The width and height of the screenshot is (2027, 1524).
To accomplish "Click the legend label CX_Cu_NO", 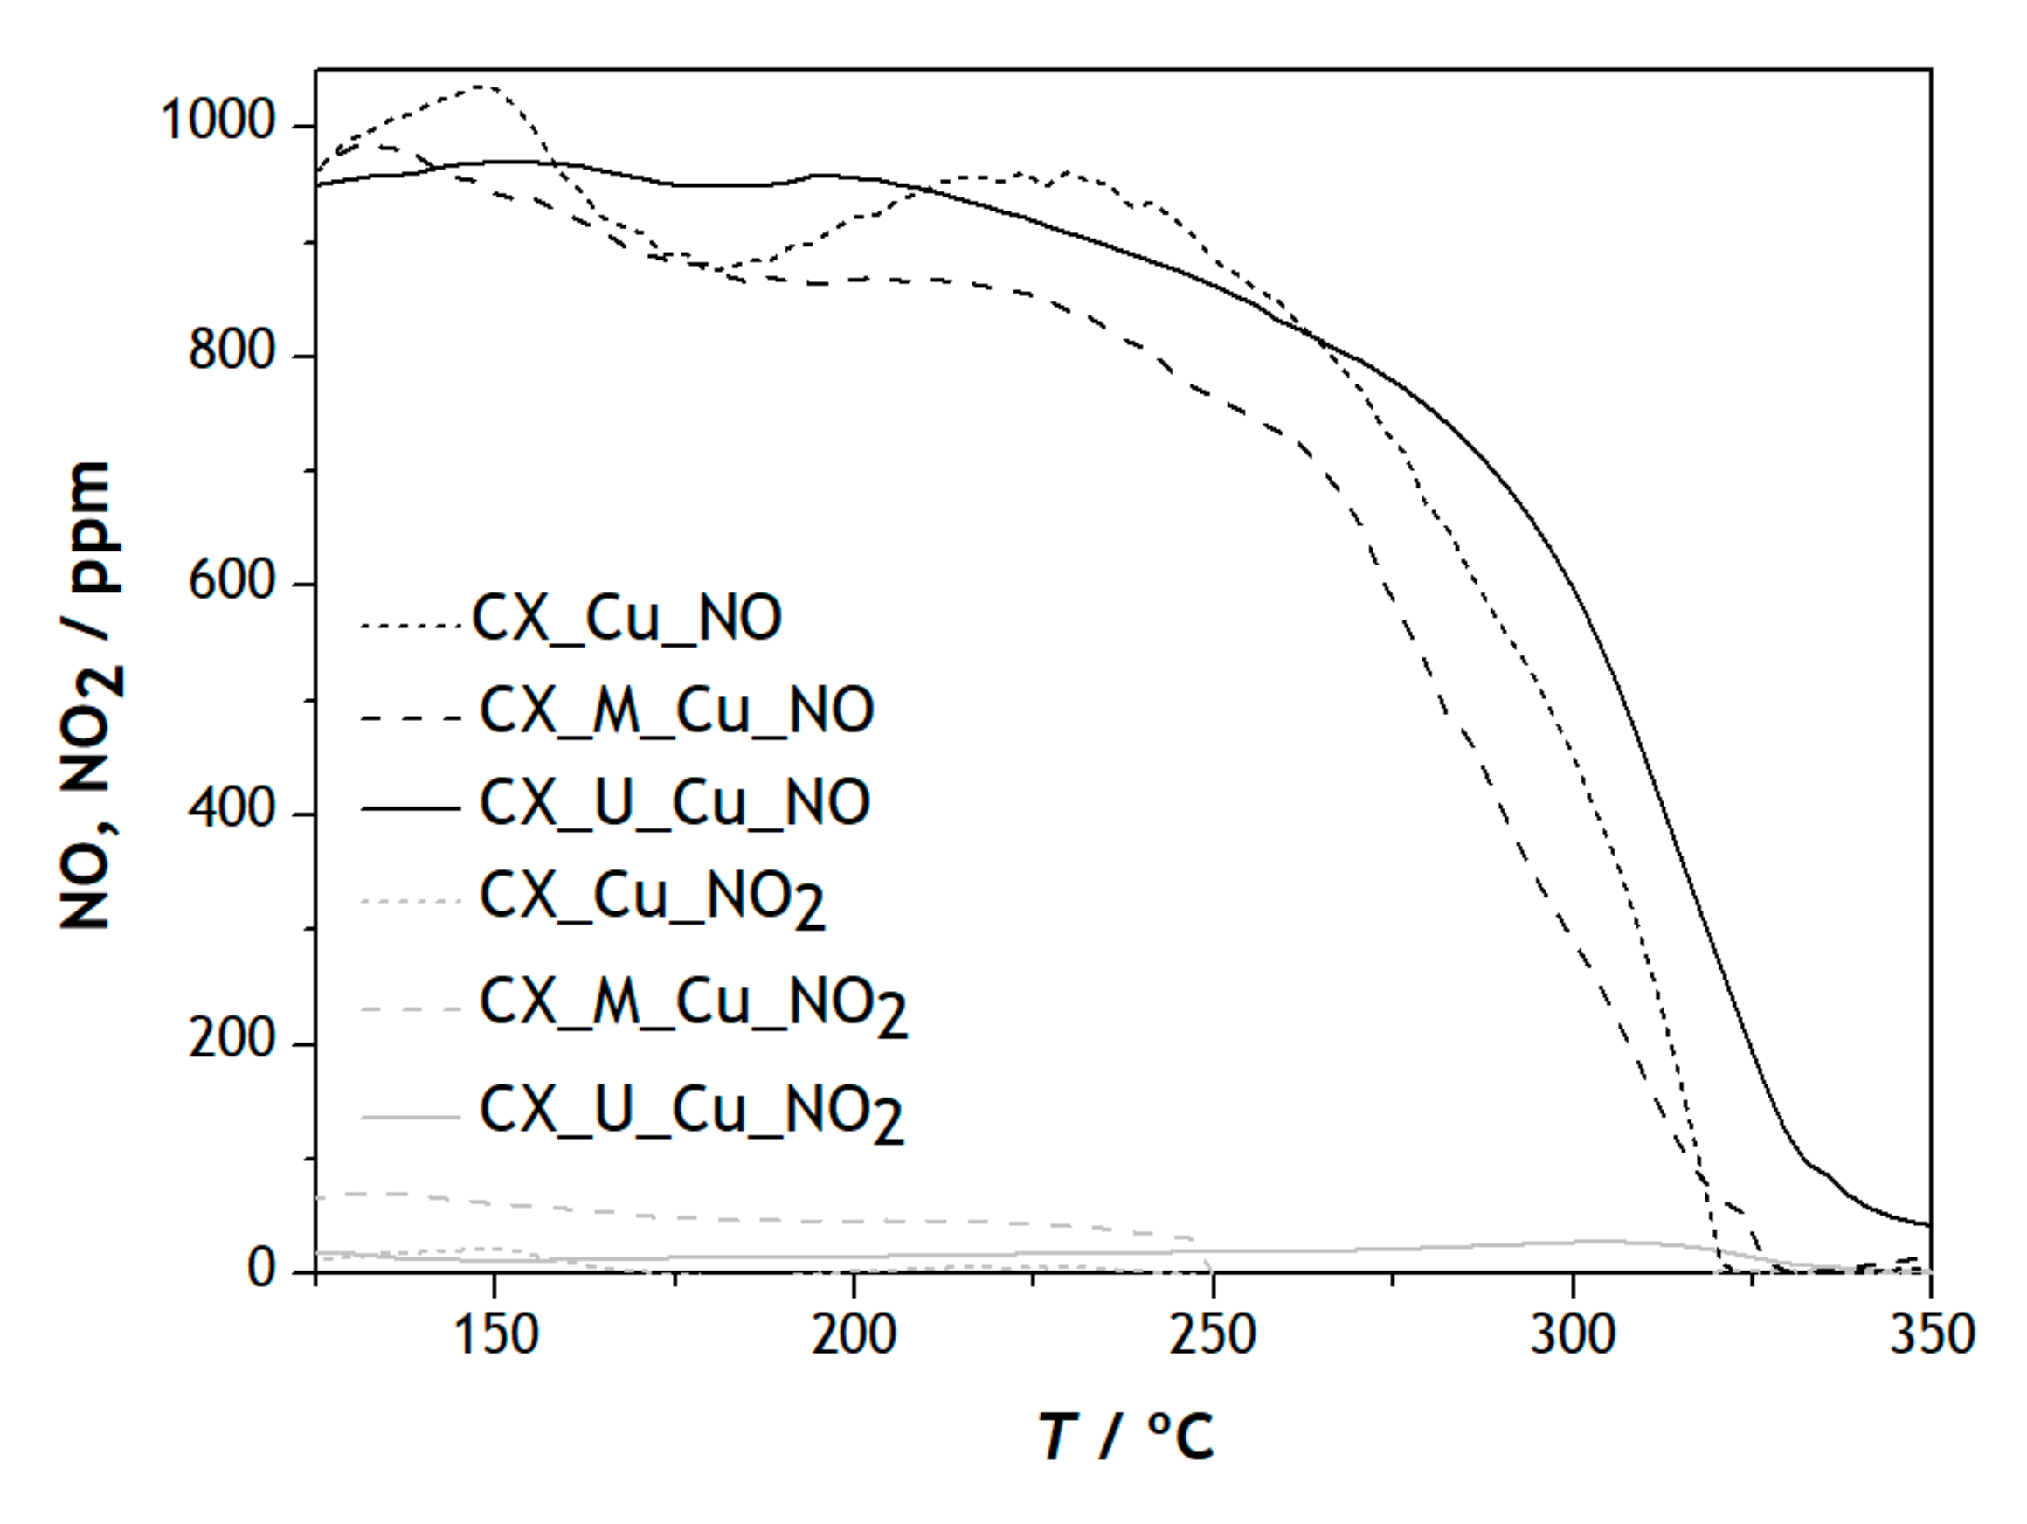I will click(626, 618).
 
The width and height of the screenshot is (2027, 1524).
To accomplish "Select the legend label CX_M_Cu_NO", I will click(676, 710).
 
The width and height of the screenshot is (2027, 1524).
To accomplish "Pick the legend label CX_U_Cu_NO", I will click(675, 803).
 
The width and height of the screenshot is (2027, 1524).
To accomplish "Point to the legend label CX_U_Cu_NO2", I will click(692, 1112).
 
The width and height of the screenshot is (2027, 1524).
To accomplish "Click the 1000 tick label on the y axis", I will click(218, 120).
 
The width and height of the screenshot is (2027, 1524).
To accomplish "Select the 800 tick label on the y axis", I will click(232, 350).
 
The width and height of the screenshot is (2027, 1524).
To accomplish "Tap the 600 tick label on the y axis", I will click(232, 580).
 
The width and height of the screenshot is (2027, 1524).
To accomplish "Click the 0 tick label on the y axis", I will click(262, 1269).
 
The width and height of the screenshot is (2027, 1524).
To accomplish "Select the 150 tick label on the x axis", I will click(495, 1335).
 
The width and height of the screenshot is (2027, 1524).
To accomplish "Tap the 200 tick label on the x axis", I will click(854, 1335).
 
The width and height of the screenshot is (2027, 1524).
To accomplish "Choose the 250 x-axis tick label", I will click(1213, 1335).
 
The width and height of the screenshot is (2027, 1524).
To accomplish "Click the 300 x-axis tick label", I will click(1573, 1335).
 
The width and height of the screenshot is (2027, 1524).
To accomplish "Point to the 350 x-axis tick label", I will click(1932, 1335).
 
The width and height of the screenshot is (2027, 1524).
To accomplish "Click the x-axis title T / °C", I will click(1126, 1437).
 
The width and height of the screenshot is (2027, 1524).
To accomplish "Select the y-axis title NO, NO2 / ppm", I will click(90, 696).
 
